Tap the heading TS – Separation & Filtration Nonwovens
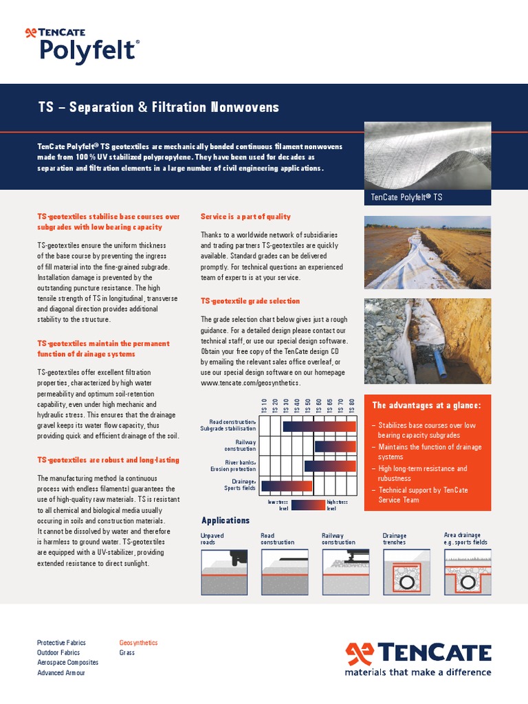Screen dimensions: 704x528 tap(158, 107)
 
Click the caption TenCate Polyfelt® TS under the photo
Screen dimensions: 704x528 tap(406, 197)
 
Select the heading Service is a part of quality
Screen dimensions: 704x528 tap(245, 217)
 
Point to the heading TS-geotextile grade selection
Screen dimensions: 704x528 tap(250, 301)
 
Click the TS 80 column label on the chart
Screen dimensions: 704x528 tap(352, 406)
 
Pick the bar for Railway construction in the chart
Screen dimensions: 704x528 tap(335, 446)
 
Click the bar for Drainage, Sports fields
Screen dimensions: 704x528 tap(287, 485)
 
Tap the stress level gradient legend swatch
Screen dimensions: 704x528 tap(307, 505)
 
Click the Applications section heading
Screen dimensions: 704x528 tap(225, 520)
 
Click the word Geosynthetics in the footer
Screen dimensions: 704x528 tap(138, 643)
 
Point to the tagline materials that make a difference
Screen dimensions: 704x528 tap(418, 672)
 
